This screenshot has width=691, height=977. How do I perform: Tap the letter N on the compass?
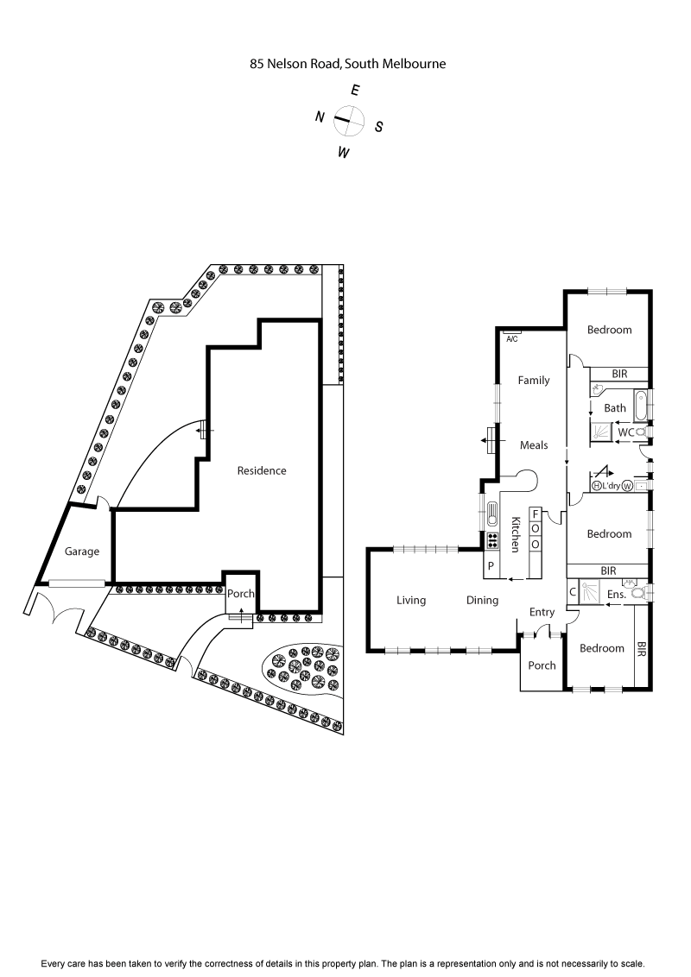click(319, 117)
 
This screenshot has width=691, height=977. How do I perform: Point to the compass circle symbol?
click(348, 121)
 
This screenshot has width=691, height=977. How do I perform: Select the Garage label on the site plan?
click(83, 552)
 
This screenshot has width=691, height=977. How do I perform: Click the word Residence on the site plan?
click(262, 470)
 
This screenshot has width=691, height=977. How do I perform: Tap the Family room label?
click(533, 380)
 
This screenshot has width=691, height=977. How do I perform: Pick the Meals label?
click(534, 445)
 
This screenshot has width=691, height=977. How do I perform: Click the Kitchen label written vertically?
click(515, 534)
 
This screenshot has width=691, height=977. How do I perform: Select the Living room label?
click(411, 600)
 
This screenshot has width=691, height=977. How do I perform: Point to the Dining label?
click(483, 600)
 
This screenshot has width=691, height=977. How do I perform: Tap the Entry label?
click(542, 612)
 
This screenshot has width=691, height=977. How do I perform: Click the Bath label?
click(615, 408)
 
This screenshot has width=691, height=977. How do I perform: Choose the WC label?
click(624, 432)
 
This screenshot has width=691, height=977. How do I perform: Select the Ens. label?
click(617, 594)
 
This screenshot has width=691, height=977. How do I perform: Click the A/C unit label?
click(511, 338)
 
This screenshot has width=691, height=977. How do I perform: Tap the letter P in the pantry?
click(491, 566)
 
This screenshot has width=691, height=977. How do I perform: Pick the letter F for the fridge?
click(536, 514)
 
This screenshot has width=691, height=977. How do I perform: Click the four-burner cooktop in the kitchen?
click(492, 541)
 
